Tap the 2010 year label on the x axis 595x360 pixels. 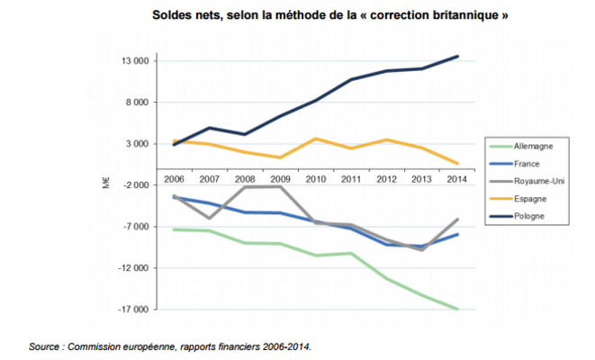tap(316, 179)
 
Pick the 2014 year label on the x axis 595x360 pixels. tap(457, 179)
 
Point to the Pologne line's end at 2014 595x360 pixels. tap(458, 57)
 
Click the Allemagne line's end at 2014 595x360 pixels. tap(458, 309)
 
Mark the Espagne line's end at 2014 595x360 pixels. tap(458, 163)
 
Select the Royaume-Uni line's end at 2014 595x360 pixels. tap(458, 220)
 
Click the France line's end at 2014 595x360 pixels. tap(458, 234)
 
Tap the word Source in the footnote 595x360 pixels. tap(42, 345)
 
